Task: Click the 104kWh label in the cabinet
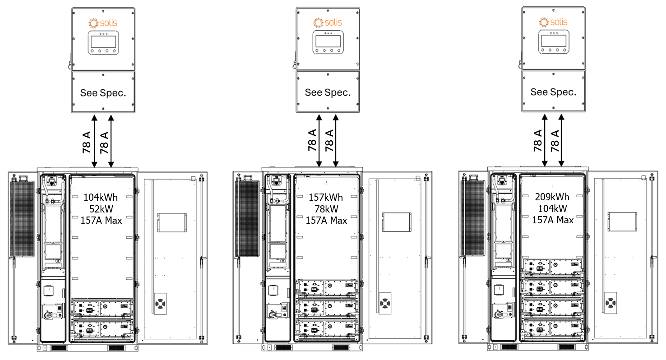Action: pyautogui.click(x=102, y=197)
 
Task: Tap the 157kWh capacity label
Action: pyautogui.click(x=326, y=197)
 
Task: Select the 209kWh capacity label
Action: pyautogui.click(x=552, y=197)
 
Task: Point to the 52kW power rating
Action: pyautogui.click(x=102, y=208)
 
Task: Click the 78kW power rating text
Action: pyautogui.click(x=326, y=209)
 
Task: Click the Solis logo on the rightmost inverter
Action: pyautogui.click(x=553, y=22)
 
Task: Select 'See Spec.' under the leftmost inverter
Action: pyautogui.click(x=103, y=93)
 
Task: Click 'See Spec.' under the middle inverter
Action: pyautogui.click(x=328, y=92)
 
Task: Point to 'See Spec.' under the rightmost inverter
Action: pyautogui.click(x=553, y=92)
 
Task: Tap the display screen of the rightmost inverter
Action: pyautogui.click(x=553, y=42)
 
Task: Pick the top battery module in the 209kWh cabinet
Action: pyautogui.click(x=552, y=267)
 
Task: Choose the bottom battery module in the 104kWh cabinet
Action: pyautogui.click(x=102, y=329)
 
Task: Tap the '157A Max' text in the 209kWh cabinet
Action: pyautogui.click(x=553, y=220)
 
